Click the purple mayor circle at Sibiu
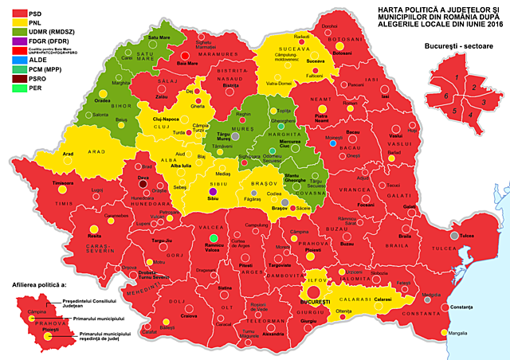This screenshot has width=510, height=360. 213,191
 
